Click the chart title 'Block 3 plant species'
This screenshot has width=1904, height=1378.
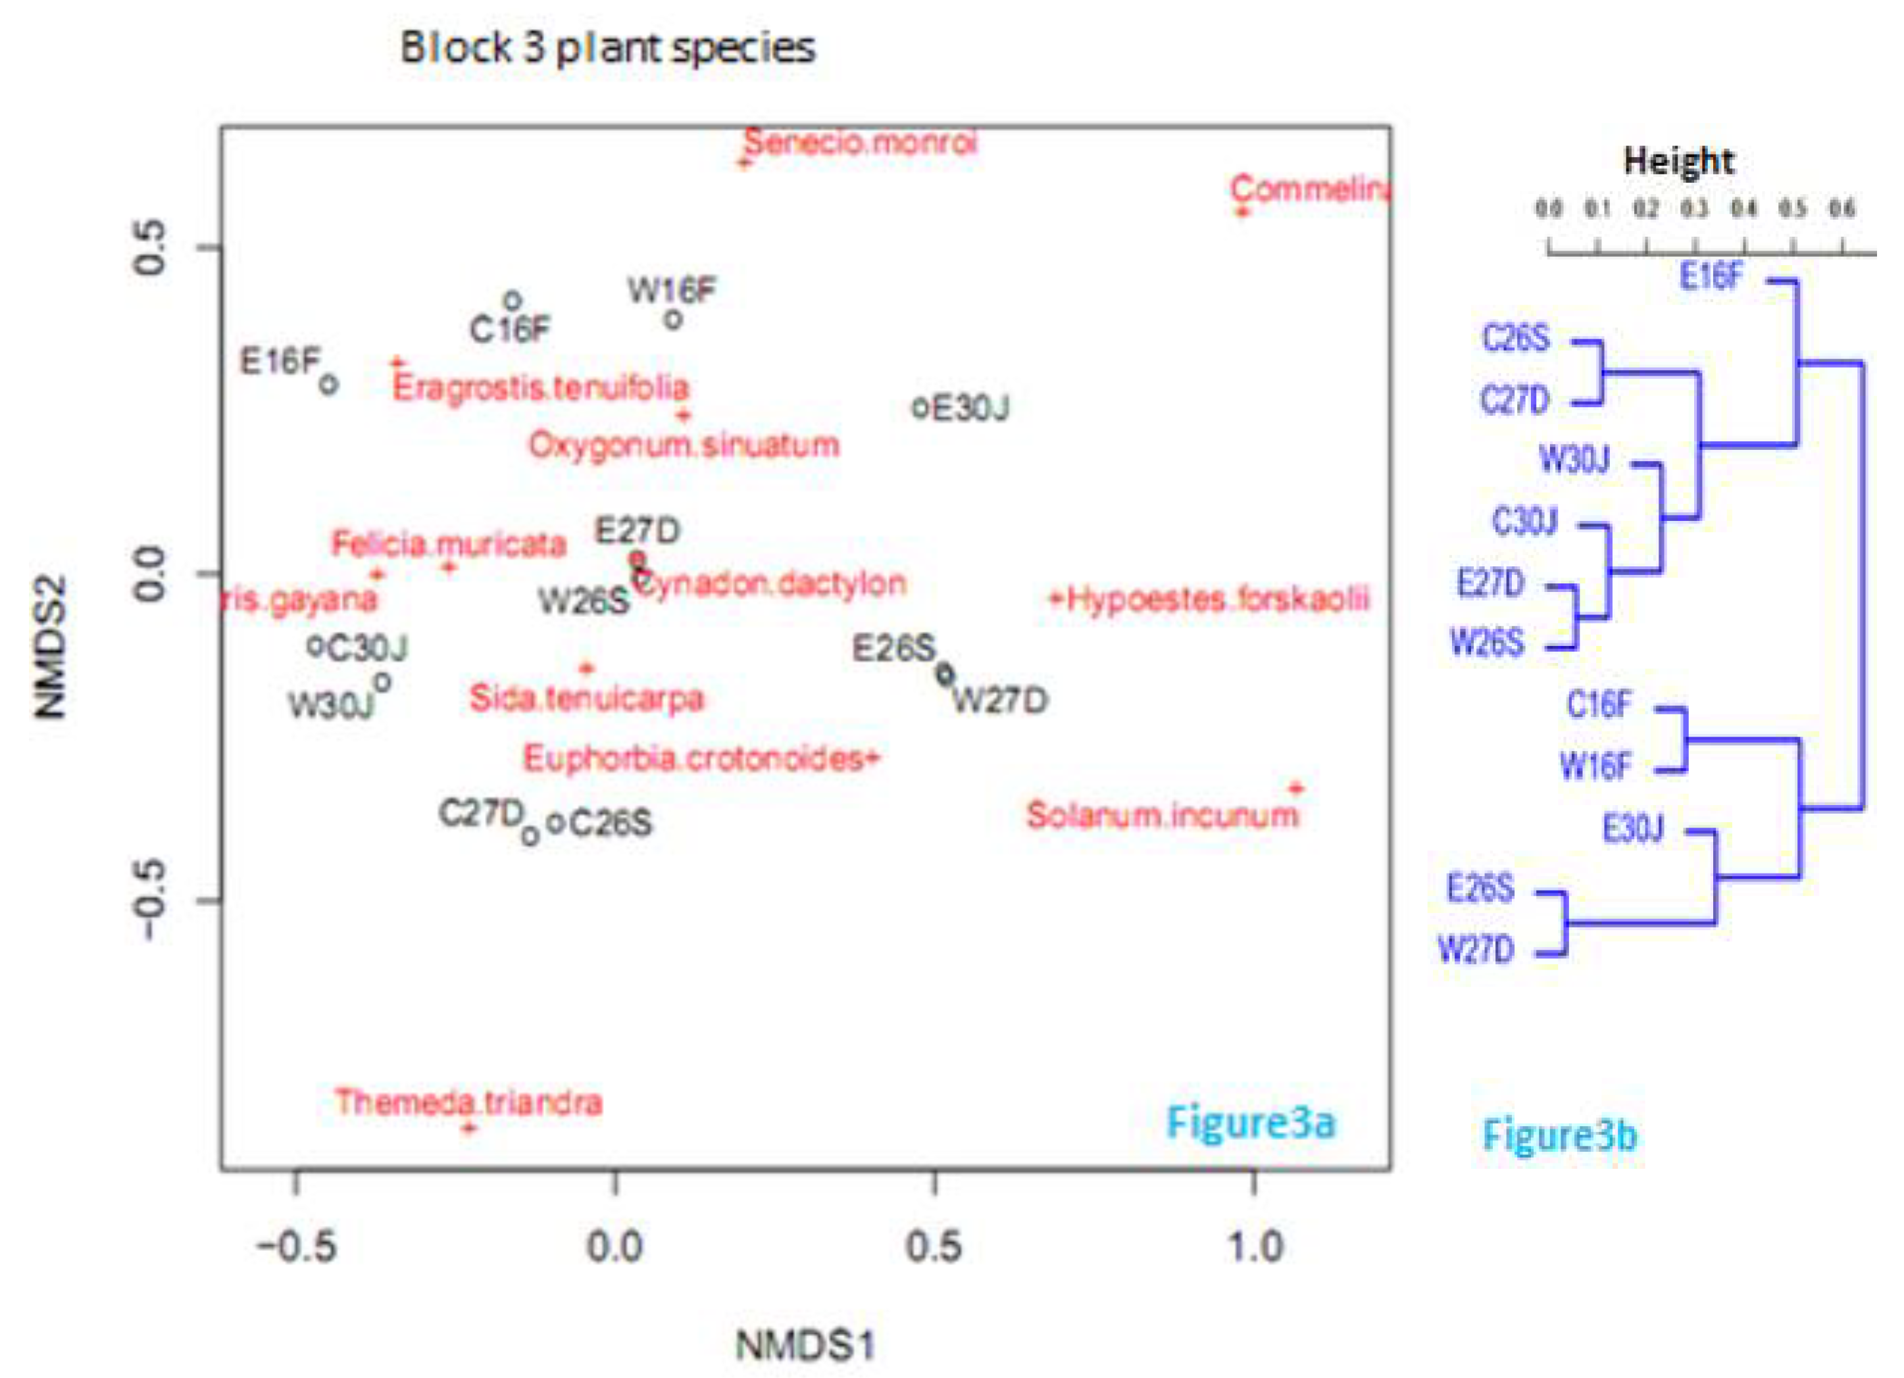coord(607,48)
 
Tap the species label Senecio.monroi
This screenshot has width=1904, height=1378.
coord(860,143)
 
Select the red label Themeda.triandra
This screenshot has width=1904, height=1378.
coord(468,1102)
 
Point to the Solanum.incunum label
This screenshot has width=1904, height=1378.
coord(1162,815)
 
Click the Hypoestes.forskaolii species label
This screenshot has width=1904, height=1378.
coord(1216,599)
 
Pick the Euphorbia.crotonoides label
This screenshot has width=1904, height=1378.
coord(693,758)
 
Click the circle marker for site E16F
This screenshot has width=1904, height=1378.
coord(329,384)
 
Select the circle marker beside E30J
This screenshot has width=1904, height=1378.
coord(920,408)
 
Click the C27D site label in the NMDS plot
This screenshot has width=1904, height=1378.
coord(481,812)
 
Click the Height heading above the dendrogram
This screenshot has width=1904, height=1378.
coord(1678,161)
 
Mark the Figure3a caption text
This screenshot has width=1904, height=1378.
coord(1250,1123)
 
